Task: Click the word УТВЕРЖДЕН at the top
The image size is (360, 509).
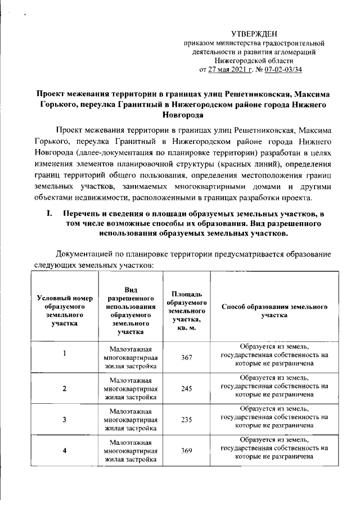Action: tap(254, 35)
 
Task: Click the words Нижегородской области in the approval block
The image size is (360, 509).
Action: tap(254, 61)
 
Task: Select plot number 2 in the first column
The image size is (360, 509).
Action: tap(65, 389)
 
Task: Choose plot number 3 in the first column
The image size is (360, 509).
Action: tap(65, 420)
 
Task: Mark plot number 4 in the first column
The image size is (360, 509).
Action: tap(65, 451)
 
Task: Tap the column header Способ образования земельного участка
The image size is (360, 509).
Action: tap(274, 311)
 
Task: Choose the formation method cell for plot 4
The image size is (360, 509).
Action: tap(274, 450)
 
